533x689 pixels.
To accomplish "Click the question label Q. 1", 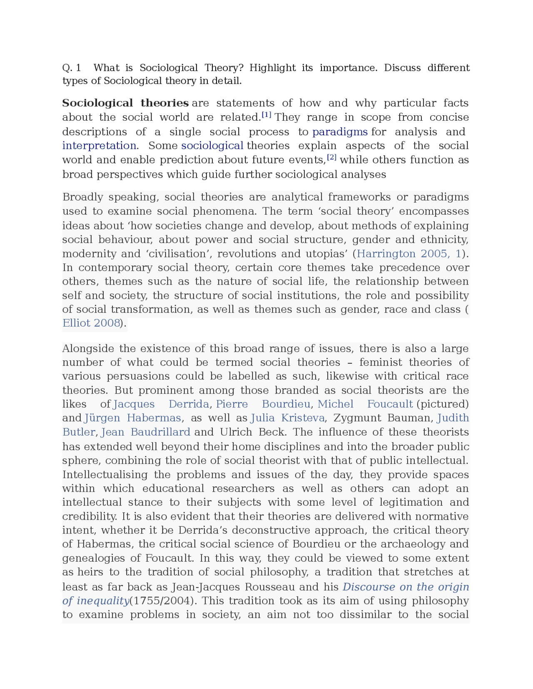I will pyautogui.click(x=72, y=68).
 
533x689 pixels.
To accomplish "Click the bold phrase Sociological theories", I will pyautogui.click(x=125, y=103).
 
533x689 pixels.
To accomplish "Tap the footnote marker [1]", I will pyautogui.click(x=266, y=115).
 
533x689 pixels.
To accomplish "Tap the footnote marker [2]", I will pyautogui.click(x=331, y=157).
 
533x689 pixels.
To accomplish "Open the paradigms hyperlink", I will pyautogui.click(x=340, y=132).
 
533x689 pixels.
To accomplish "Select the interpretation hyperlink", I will pyautogui.click(x=99, y=146).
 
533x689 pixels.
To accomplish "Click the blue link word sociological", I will pyautogui.click(x=212, y=146).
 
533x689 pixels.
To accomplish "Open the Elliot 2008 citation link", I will pyautogui.click(x=91, y=323).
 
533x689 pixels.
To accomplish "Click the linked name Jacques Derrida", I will pyautogui.click(x=161, y=404).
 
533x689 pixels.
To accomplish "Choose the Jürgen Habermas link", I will pyautogui.click(x=133, y=418).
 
